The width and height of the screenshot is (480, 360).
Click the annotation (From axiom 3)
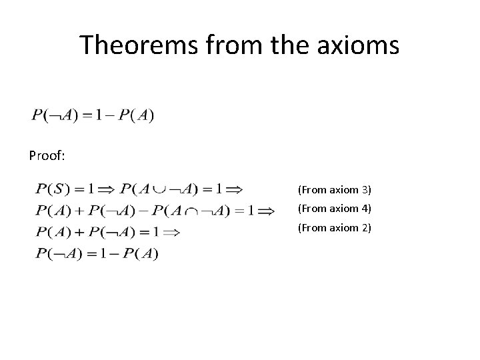click(x=334, y=190)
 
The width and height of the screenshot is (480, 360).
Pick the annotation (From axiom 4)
click(x=334, y=209)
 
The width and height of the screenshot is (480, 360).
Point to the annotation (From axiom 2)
click(x=334, y=229)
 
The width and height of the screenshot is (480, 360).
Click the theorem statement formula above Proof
click(x=93, y=115)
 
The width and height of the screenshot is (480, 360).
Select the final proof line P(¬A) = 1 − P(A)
click(x=97, y=253)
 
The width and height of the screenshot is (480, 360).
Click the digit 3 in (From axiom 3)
click(x=366, y=190)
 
